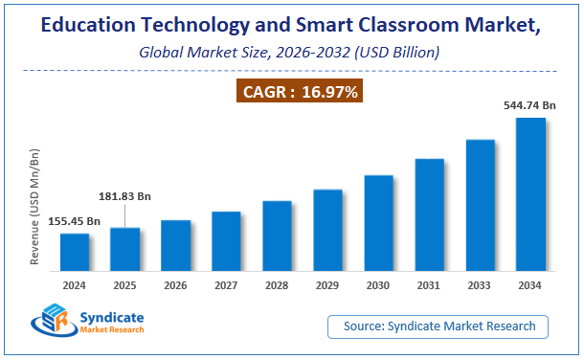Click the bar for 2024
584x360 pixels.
click(75, 251)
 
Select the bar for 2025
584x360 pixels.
click(124, 248)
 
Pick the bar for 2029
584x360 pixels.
click(327, 229)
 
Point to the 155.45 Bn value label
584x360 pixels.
click(70, 221)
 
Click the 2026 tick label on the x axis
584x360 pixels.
click(175, 284)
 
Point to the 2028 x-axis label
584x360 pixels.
click(277, 284)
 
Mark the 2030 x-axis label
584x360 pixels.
click(378, 284)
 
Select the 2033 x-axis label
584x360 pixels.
click(480, 284)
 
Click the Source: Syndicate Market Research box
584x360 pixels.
click(438, 326)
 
